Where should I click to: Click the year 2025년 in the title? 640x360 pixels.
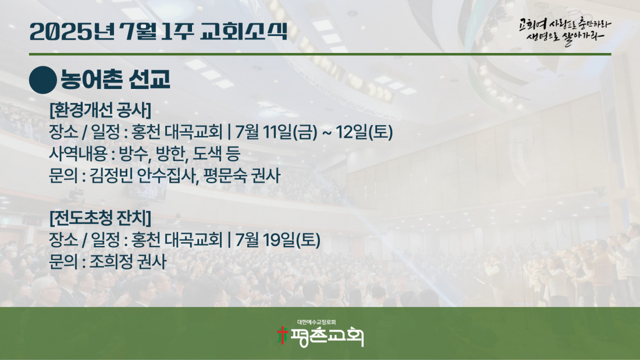pyautogui.click(x=72, y=31)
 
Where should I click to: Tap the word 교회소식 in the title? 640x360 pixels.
pyautogui.click(x=244, y=31)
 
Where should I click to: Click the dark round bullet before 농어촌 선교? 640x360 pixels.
pyautogui.click(x=43, y=80)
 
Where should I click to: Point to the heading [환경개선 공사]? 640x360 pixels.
pyautogui.click(x=100, y=109)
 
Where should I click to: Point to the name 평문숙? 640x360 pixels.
pyautogui.click(x=225, y=175)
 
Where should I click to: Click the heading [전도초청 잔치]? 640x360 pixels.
pyautogui.click(x=100, y=218)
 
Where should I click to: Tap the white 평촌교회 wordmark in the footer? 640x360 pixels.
pyautogui.click(x=327, y=337)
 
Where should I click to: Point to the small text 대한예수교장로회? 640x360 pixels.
pyautogui.click(x=317, y=322)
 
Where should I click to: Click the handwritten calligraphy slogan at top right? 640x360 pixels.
pyautogui.click(x=565, y=31)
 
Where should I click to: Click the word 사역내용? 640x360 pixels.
pyautogui.click(x=78, y=154)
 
